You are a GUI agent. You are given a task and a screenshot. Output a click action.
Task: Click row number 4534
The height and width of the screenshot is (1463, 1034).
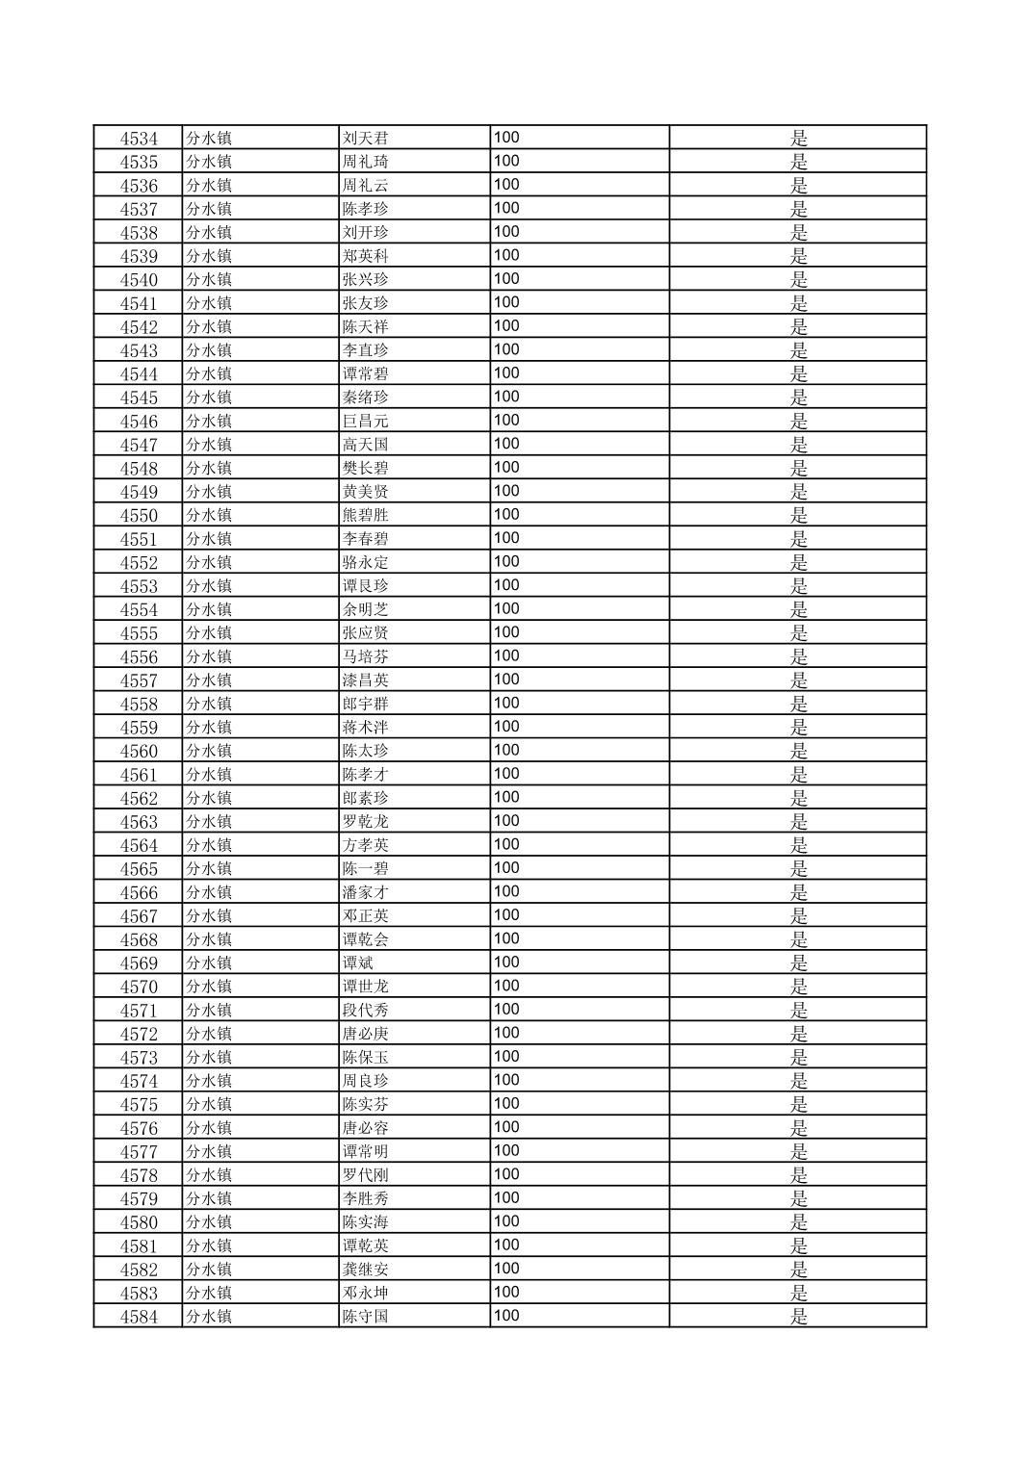[139, 139]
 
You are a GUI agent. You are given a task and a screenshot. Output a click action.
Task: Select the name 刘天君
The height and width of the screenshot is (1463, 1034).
[365, 139]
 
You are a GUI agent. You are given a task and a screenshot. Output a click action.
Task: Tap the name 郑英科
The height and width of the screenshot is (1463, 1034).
[365, 256]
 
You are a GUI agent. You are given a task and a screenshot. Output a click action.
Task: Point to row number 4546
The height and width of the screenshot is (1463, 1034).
[139, 422]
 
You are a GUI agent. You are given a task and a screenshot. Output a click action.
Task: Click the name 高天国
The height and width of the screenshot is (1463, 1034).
[365, 445]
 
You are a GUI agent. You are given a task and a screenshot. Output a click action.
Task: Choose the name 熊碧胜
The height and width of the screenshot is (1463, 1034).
[365, 516]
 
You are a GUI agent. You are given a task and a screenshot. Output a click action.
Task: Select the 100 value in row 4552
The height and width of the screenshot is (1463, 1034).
[506, 562]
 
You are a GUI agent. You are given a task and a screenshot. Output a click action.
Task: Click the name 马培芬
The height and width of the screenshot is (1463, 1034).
[365, 657]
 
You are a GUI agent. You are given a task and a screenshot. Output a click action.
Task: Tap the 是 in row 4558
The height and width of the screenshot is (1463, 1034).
[798, 705]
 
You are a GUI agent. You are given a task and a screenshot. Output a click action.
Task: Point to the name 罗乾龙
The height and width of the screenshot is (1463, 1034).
[365, 822]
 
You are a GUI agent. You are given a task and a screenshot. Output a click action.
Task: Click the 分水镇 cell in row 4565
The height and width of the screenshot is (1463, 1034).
[209, 869]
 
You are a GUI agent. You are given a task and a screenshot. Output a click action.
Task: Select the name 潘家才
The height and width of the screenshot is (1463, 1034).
[365, 893]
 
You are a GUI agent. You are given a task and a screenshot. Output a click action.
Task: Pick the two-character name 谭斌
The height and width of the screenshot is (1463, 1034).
[358, 963]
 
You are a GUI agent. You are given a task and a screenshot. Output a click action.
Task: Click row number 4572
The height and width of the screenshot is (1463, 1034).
[139, 1035]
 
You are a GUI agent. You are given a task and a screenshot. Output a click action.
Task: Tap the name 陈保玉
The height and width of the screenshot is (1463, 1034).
[365, 1058]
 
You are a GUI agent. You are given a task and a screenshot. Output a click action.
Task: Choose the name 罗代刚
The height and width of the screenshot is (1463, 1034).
[365, 1175]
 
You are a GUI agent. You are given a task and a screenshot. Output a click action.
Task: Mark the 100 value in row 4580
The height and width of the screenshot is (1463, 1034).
[506, 1221]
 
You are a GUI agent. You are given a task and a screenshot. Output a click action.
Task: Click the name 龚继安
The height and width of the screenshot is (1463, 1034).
[365, 1270]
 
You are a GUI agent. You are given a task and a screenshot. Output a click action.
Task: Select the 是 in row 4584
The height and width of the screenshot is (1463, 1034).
[798, 1317]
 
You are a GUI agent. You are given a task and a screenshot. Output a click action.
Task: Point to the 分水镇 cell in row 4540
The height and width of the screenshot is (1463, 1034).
[209, 280]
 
